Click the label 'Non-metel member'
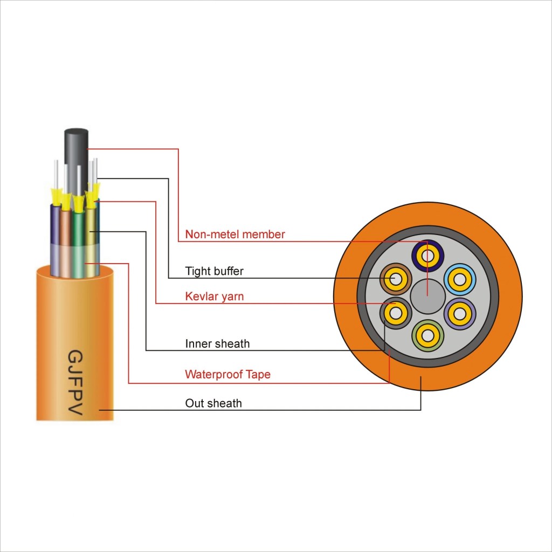click(235, 234)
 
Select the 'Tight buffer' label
click(214, 271)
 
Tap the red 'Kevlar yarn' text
click(214, 297)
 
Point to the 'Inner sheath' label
click(217, 344)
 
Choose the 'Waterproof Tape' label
click(227, 375)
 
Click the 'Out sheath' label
click(213, 403)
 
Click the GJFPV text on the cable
click(74, 383)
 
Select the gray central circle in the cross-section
click(427, 298)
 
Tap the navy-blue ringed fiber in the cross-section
click(427, 256)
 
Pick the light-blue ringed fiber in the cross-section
click(459, 279)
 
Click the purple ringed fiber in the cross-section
click(460, 313)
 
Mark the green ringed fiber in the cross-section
click(427, 335)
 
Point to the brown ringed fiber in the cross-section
click(396, 279)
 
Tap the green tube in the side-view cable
click(78, 243)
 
